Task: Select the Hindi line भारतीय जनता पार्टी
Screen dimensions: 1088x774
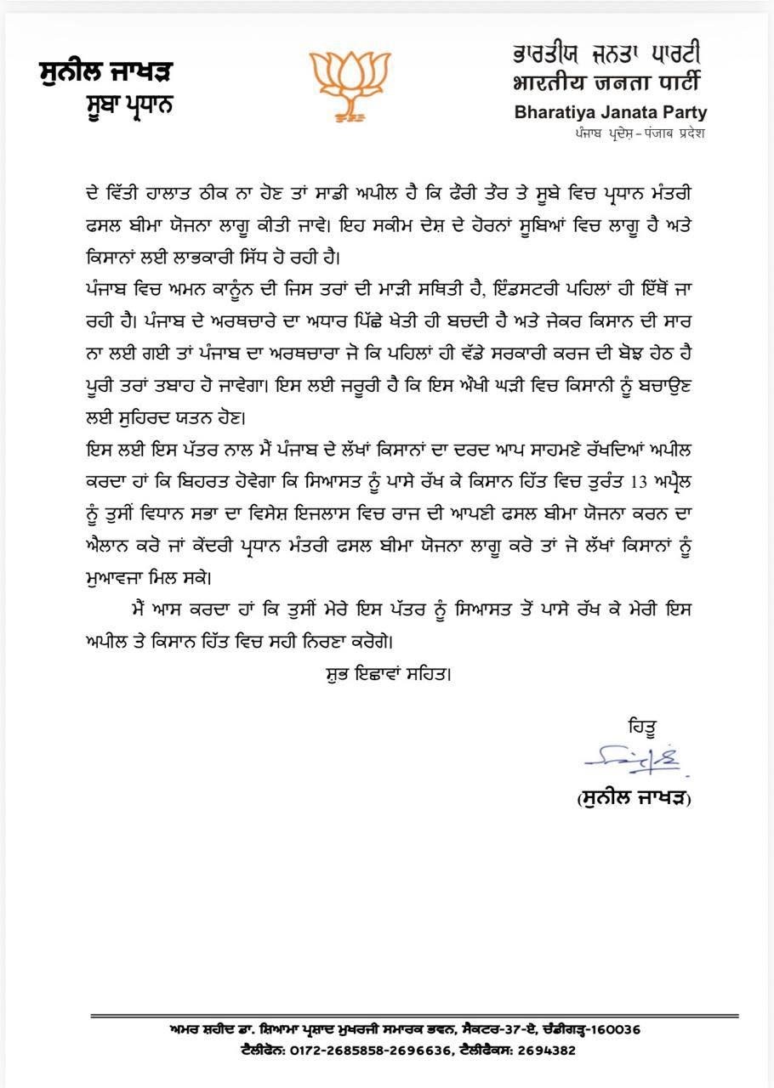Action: pyautogui.click(x=606, y=83)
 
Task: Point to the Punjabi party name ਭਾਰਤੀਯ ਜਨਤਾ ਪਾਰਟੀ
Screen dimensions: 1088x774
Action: pyautogui.click(x=606, y=54)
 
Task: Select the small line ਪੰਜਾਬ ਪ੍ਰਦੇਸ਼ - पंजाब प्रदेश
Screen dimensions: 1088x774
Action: pyautogui.click(x=639, y=133)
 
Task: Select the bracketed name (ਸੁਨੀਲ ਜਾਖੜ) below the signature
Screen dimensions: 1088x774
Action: pyautogui.click(x=634, y=799)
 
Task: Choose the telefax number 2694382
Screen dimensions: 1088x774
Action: pyautogui.click(x=547, y=1050)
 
